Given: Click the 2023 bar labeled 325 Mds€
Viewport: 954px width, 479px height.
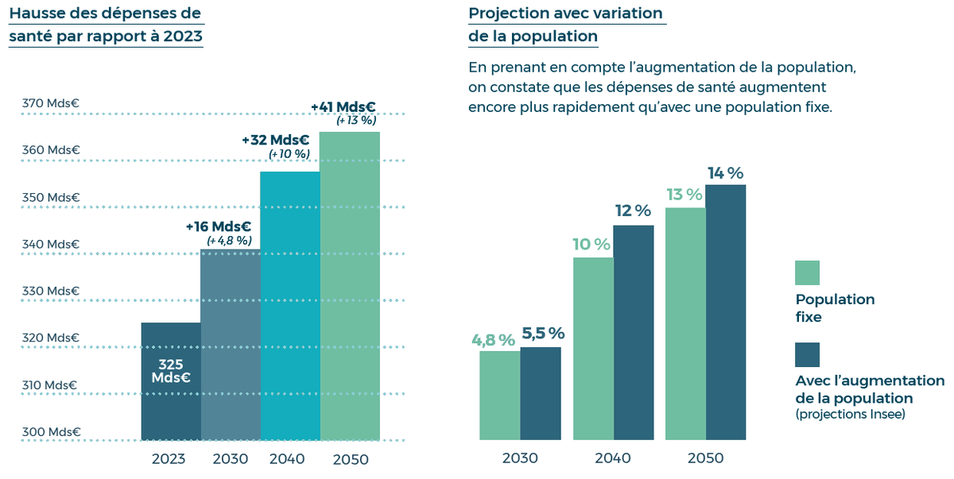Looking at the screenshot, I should coord(171,381).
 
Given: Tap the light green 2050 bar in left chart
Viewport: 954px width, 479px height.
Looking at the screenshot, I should coord(350,286).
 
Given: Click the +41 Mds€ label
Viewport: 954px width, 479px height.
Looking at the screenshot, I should coord(343,106).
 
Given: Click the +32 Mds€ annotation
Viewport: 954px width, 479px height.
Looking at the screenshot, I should coord(275,140).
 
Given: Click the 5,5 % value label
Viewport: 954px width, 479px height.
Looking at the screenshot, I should coord(543,334).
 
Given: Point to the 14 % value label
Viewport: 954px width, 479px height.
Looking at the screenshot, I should coord(725,172).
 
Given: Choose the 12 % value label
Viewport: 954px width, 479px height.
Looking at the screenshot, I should coord(633,211).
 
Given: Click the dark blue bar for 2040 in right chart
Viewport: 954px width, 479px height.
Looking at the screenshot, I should coord(633,332).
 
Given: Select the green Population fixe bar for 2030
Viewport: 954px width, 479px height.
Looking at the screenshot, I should coord(500,395).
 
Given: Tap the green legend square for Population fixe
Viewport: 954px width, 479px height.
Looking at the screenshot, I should coord(807,272).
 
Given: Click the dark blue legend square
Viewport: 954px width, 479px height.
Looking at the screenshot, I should coord(807,355).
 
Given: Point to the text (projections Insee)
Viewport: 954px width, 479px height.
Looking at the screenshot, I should coord(850,415).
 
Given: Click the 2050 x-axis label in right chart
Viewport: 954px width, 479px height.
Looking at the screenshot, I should coord(705,458).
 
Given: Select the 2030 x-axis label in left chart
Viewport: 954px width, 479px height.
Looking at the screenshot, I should coord(231,459).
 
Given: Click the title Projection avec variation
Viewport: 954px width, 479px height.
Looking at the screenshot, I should coord(565,14).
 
